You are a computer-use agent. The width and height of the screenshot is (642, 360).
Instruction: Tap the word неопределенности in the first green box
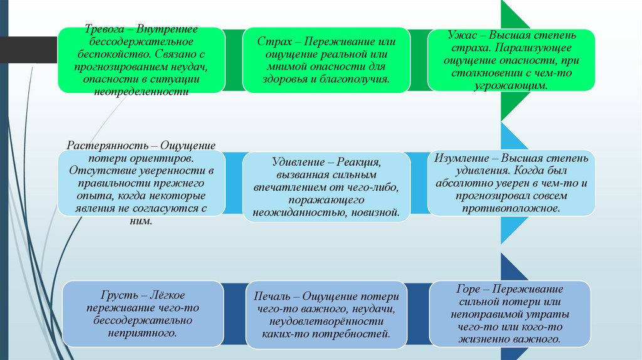click(x=141, y=91)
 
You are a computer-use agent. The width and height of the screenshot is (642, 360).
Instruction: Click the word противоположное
click(x=511, y=208)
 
